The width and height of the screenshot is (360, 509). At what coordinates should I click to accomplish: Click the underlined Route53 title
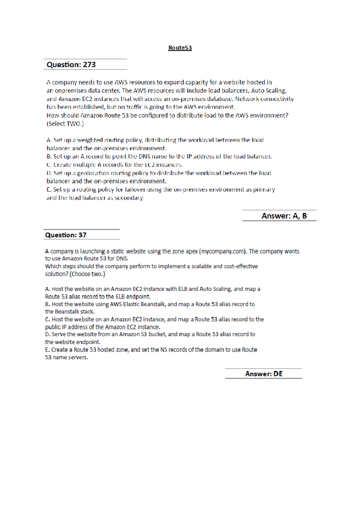point(180,48)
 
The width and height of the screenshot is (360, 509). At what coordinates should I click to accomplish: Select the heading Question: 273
point(71,65)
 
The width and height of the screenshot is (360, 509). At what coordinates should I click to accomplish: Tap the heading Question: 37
point(66,235)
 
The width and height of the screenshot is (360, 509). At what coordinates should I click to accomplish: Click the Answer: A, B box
point(284,216)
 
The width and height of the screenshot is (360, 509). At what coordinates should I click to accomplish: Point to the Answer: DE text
point(264,374)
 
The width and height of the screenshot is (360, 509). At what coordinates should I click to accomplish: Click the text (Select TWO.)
point(65,124)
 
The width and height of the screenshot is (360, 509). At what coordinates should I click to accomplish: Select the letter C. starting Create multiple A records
point(49,164)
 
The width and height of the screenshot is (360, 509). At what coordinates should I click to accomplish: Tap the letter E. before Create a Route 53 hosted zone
point(47,350)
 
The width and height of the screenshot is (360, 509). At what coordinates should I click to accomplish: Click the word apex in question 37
point(191,251)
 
